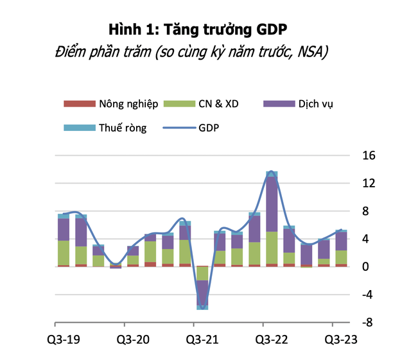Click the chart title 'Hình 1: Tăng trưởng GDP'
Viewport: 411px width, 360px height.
pos(205,29)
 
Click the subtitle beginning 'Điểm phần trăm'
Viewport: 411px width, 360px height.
pos(205,52)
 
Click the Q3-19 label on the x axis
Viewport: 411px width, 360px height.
pos(64,339)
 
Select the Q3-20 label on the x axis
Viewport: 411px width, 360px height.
pos(132,339)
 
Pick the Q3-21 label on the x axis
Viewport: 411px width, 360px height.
pos(202,339)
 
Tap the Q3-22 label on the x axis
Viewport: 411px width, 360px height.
pos(271,339)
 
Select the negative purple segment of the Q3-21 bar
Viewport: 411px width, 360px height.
pos(202,291)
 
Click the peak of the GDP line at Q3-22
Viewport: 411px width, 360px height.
pos(271,172)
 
